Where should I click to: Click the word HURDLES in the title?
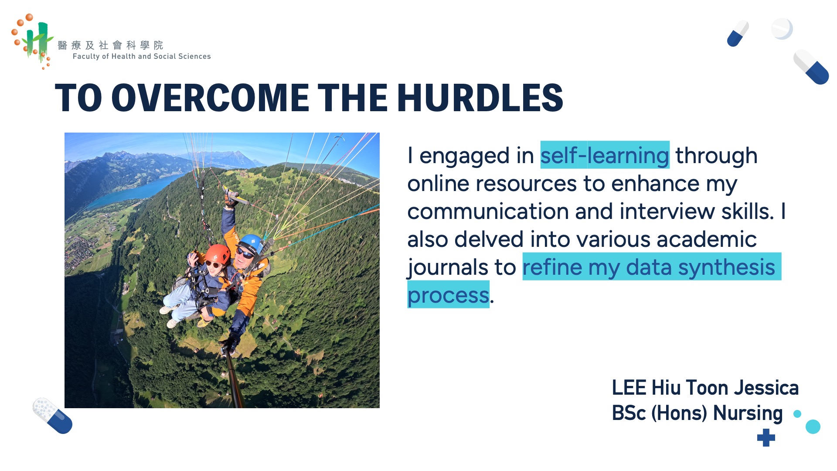pos(480,97)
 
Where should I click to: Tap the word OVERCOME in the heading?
pos(210,97)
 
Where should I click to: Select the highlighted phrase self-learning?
pos(605,155)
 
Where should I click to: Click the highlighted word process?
pos(448,295)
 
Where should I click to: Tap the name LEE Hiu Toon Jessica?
pos(705,388)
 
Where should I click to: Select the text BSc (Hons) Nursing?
pos(697,413)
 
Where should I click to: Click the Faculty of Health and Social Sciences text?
pos(142,56)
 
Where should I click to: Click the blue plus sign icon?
pos(766,437)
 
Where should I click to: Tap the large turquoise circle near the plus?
pos(813,427)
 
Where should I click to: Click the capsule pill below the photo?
pos(53,416)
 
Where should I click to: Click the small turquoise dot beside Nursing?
pos(797,414)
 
